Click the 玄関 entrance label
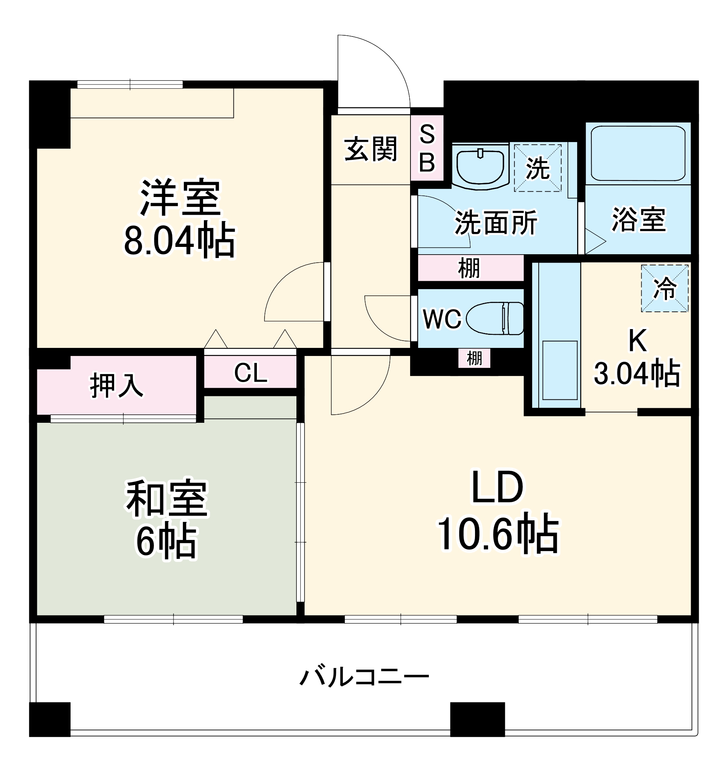click(x=371, y=149)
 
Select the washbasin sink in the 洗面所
click(x=480, y=167)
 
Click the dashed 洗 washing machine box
click(x=538, y=168)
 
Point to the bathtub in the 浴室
click(x=638, y=153)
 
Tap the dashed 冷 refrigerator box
click(x=664, y=288)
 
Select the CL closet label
click(x=250, y=373)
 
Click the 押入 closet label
click(x=116, y=386)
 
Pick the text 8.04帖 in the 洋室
click(x=179, y=241)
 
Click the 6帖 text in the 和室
click(x=167, y=542)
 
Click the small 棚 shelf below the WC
click(x=474, y=358)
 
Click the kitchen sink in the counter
click(x=559, y=370)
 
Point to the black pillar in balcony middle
click(x=477, y=719)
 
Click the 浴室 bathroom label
click(x=639, y=220)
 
